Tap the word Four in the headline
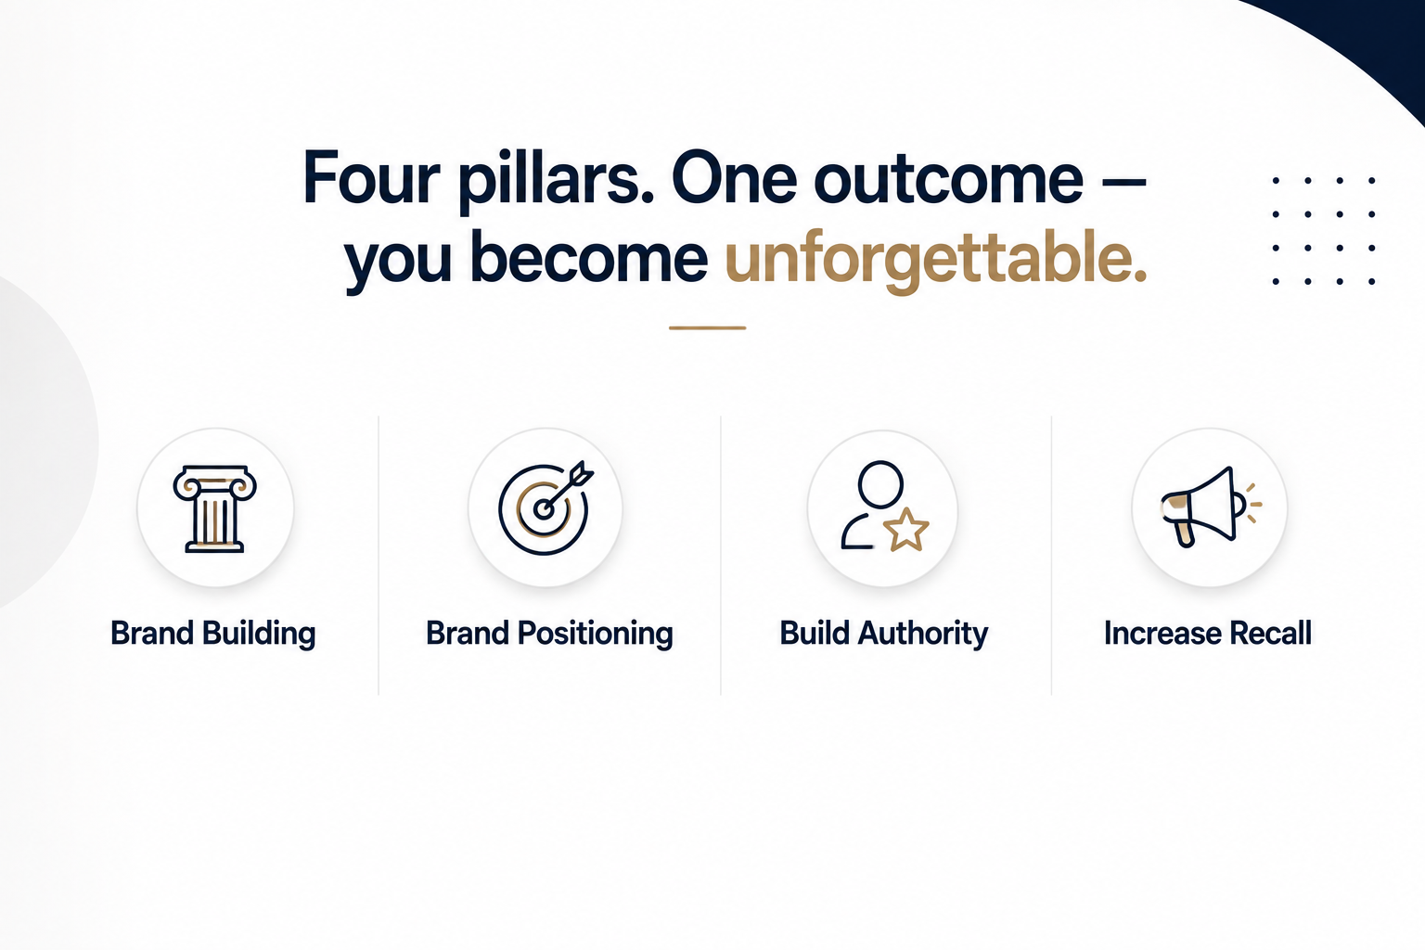[371, 177]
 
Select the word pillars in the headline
[556, 181]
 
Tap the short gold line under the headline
[708, 327]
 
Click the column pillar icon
[215, 508]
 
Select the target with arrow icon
[546, 507]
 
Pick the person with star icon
[884, 506]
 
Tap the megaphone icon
[1211, 507]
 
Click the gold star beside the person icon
[905, 530]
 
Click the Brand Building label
[213, 634]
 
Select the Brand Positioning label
[549, 634]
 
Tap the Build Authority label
[884, 634]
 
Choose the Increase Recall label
[1208, 633]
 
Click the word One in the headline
[734, 178]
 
